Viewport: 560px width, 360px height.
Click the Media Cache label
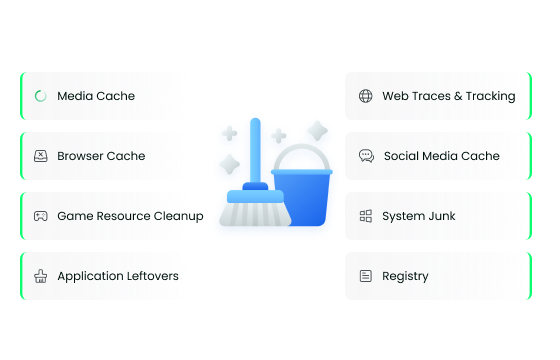96,96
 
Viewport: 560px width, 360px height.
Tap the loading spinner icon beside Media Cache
40,96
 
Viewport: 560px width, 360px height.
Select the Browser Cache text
101,156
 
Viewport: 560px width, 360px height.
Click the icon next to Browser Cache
40,156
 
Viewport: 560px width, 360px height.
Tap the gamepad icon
40,216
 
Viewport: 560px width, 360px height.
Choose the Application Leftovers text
118,276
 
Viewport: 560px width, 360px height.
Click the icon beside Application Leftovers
40,276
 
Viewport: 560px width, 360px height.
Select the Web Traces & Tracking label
449,96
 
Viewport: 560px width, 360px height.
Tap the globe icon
365,96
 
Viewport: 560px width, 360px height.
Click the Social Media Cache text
442,156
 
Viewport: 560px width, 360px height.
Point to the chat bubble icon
365,156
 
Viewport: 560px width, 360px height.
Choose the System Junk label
418,216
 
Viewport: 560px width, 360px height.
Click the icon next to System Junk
365,216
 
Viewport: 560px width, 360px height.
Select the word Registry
405,276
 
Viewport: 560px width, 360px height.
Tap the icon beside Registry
365,276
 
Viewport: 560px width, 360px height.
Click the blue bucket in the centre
304,200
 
